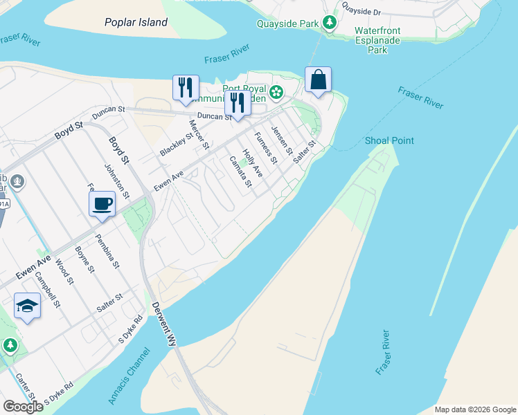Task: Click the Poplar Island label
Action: click(136, 22)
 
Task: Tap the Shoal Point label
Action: click(389, 141)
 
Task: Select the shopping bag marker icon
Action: click(318, 80)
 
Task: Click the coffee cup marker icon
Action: click(102, 204)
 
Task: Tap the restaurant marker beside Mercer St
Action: click(186, 87)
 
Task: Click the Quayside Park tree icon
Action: click(330, 24)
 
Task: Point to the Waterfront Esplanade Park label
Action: click(377, 40)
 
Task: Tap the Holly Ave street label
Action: click(252, 163)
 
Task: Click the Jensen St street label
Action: click(282, 140)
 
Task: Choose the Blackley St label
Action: click(175, 143)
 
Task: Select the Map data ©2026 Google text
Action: click(475, 409)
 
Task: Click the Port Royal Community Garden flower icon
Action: click(276, 92)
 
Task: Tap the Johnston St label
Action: click(116, 181)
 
